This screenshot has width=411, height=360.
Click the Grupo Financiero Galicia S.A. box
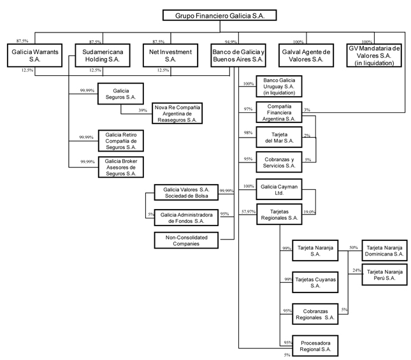coord(220,15)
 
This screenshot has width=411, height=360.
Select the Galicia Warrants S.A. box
coord(35,55)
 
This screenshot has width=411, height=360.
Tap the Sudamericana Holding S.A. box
coord(103,55)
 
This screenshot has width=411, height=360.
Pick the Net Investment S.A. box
coord(170,55)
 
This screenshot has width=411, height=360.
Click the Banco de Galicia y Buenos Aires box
coord(238,55)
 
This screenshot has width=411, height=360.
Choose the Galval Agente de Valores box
coord(306,55)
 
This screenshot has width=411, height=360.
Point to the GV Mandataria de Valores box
coord(374,55)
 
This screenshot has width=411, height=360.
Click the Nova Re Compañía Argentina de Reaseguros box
coord(177,113)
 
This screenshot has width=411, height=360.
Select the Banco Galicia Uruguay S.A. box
coord(279,86)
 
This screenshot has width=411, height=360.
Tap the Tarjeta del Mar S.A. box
coord(279,137)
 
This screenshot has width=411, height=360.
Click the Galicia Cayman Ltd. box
coord(279,189)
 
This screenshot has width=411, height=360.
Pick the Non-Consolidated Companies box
coord(186,240)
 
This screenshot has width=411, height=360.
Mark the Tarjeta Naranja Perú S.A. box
coord(384,275)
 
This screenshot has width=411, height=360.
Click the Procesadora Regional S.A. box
coord(315,345)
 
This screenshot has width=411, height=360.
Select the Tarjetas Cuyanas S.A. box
coord(315,282)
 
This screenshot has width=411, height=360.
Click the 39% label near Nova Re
coord(143,111)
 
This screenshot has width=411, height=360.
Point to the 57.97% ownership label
coord(249,212)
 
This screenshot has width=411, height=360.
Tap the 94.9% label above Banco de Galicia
coord(231,41)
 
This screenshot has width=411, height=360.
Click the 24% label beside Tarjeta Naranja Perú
coord(357,270)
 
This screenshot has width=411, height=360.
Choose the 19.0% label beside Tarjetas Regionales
coord(309,212)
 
